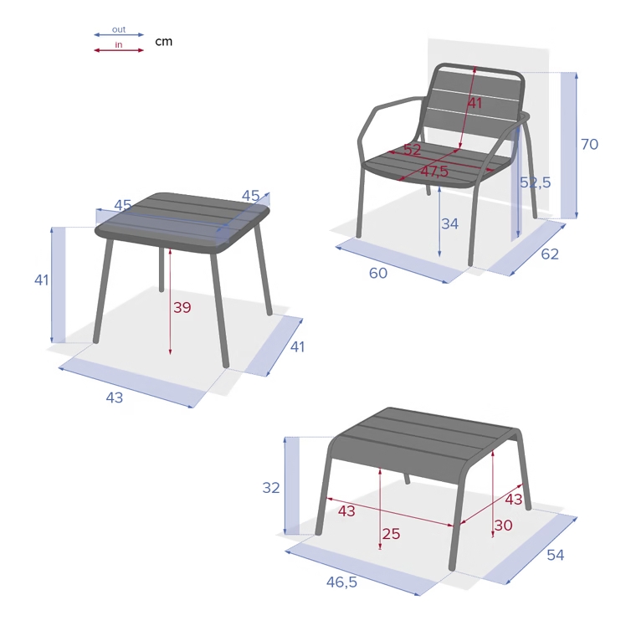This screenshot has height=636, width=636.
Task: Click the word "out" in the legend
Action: coord(119,29)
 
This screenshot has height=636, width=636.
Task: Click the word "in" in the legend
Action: coord(119,44)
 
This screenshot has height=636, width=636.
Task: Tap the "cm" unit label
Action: coord(164,41)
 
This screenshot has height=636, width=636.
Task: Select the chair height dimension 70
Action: coord(589,144)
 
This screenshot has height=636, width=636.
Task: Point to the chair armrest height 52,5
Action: coord(536,182)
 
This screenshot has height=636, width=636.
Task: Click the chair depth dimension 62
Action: coord(550,254)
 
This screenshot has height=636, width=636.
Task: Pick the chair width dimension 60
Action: coord(378,273)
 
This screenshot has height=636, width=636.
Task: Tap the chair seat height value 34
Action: coord(450,223)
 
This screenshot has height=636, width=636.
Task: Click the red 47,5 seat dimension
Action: coord(434,172)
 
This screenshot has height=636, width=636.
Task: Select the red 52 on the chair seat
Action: coord(412,150)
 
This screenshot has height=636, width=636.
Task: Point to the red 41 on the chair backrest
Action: coord(475,103)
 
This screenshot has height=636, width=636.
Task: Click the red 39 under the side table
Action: coord(182,307)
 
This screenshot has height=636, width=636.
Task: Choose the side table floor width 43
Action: coord(115,397)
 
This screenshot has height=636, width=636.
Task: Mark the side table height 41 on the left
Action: coord(42,280)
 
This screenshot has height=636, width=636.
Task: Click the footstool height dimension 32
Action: coord(271,488)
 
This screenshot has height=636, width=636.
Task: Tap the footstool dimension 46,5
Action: coord(341,582)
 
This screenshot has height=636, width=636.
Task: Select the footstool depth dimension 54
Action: coord(556,555)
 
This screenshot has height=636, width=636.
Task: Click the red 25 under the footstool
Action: coord(391,534)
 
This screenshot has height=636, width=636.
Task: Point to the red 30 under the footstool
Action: coord(504,526)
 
